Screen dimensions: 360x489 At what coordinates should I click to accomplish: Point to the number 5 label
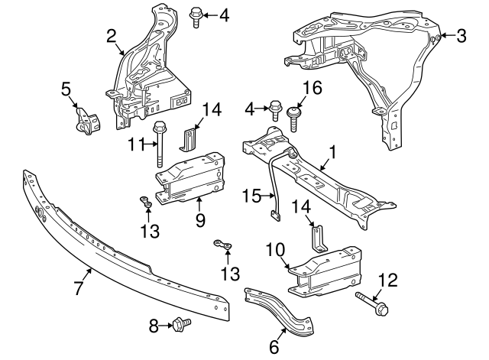(66, 91)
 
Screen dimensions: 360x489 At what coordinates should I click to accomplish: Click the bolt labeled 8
(182, 326)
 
